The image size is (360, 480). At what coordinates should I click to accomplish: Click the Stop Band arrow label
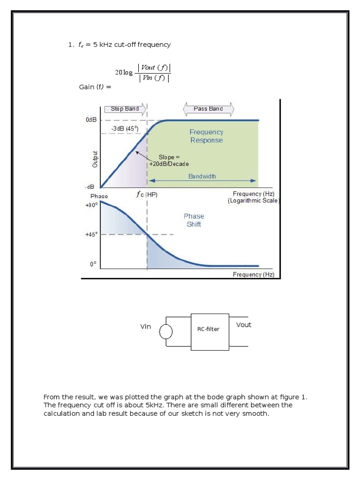(125, 109)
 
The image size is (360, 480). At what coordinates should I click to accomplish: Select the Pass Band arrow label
(208, 109)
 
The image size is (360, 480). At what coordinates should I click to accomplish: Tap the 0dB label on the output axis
(91, 120)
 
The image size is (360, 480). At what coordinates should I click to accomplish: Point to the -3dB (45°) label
(125, 128)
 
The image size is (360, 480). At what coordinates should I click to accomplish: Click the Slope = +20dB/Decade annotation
(169, 160)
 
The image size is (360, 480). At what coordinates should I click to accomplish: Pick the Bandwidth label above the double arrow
(202, 176)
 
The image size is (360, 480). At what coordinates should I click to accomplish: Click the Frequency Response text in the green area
(206, 136)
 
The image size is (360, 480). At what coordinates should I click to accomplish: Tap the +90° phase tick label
(91, 205)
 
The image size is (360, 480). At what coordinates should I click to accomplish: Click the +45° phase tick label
(91, 234)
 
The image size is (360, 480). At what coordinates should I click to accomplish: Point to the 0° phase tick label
(93, 264)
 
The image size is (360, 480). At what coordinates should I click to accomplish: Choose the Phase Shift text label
(194, 220)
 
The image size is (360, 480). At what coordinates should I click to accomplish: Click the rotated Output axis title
(95, 159)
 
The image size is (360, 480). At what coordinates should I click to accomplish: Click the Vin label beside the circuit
(146, 326)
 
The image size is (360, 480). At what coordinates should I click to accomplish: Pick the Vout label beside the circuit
(244, 325)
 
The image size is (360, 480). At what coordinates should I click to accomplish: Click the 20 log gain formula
(143, 73)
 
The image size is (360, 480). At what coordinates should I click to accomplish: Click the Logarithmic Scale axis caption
(254, 201)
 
